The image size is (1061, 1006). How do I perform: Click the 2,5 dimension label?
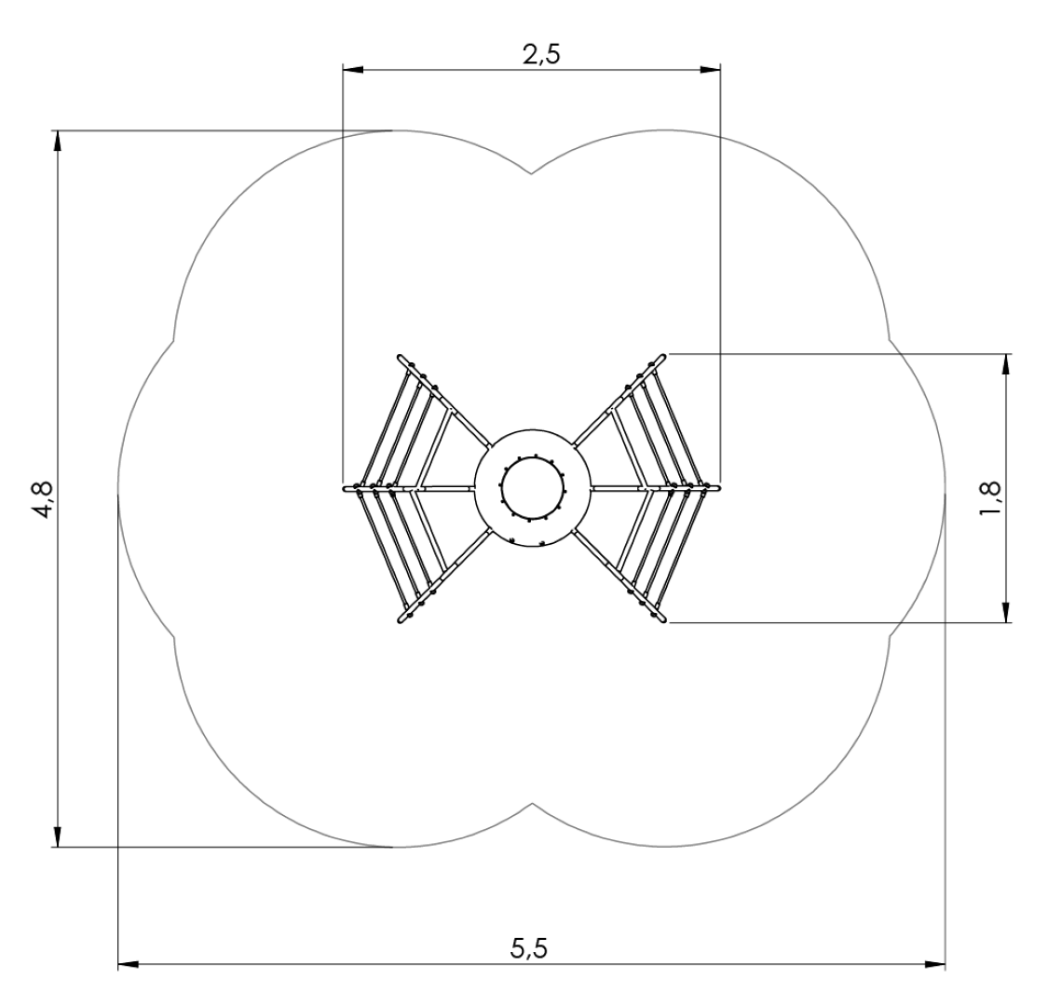coord(541,55)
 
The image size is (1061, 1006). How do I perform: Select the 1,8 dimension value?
coord(988,498)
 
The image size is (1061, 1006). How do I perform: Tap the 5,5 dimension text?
coord(528,948)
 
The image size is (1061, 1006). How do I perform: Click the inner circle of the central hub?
coord(501,488)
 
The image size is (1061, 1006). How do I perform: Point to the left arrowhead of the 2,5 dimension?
coord(353,69)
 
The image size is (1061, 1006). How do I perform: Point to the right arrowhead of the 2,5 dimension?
coord(710,69)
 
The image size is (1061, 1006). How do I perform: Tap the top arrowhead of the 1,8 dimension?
coord(1007,364)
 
